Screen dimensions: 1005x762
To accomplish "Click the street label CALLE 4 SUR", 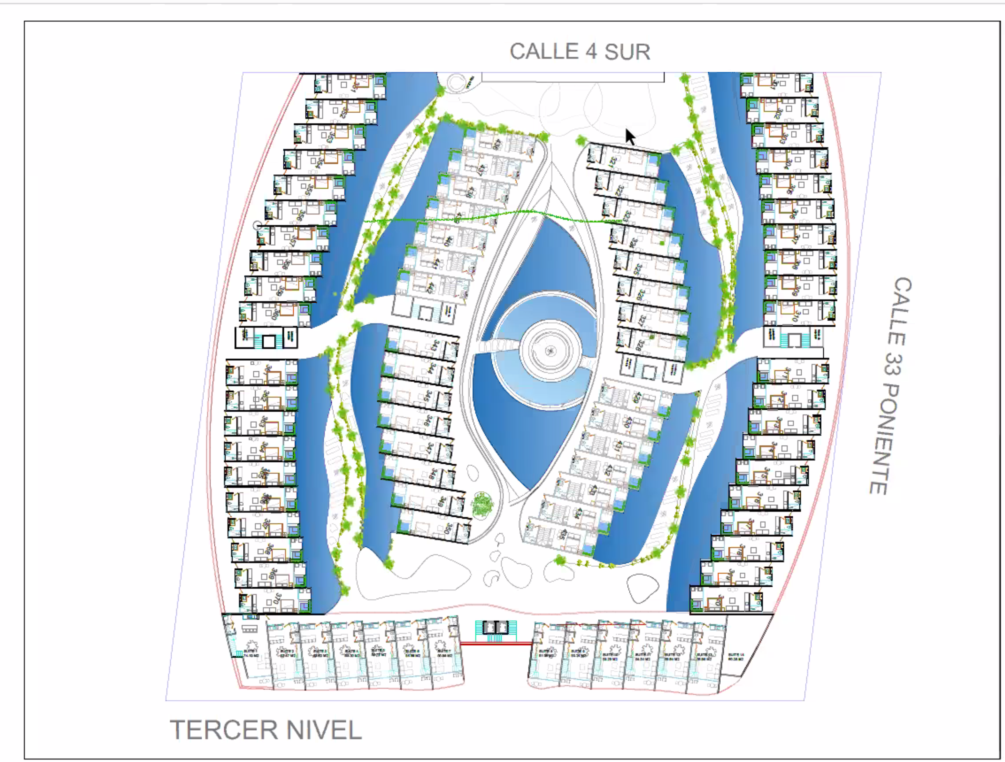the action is (580, 52).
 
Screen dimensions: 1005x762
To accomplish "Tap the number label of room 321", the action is (613, 161).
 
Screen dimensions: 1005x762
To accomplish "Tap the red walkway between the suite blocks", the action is (496, 643).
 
